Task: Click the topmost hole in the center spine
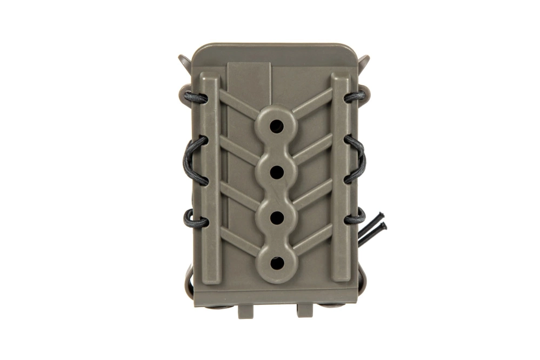pos(276,125)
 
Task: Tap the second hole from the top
pos(276,171)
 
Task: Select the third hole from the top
pos(276,217)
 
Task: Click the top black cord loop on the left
pos(195,98)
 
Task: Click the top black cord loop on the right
pos(355,97)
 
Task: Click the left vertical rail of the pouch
pos(210,178)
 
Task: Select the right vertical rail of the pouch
pos(341,178)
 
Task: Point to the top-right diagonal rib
pos(314,103)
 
